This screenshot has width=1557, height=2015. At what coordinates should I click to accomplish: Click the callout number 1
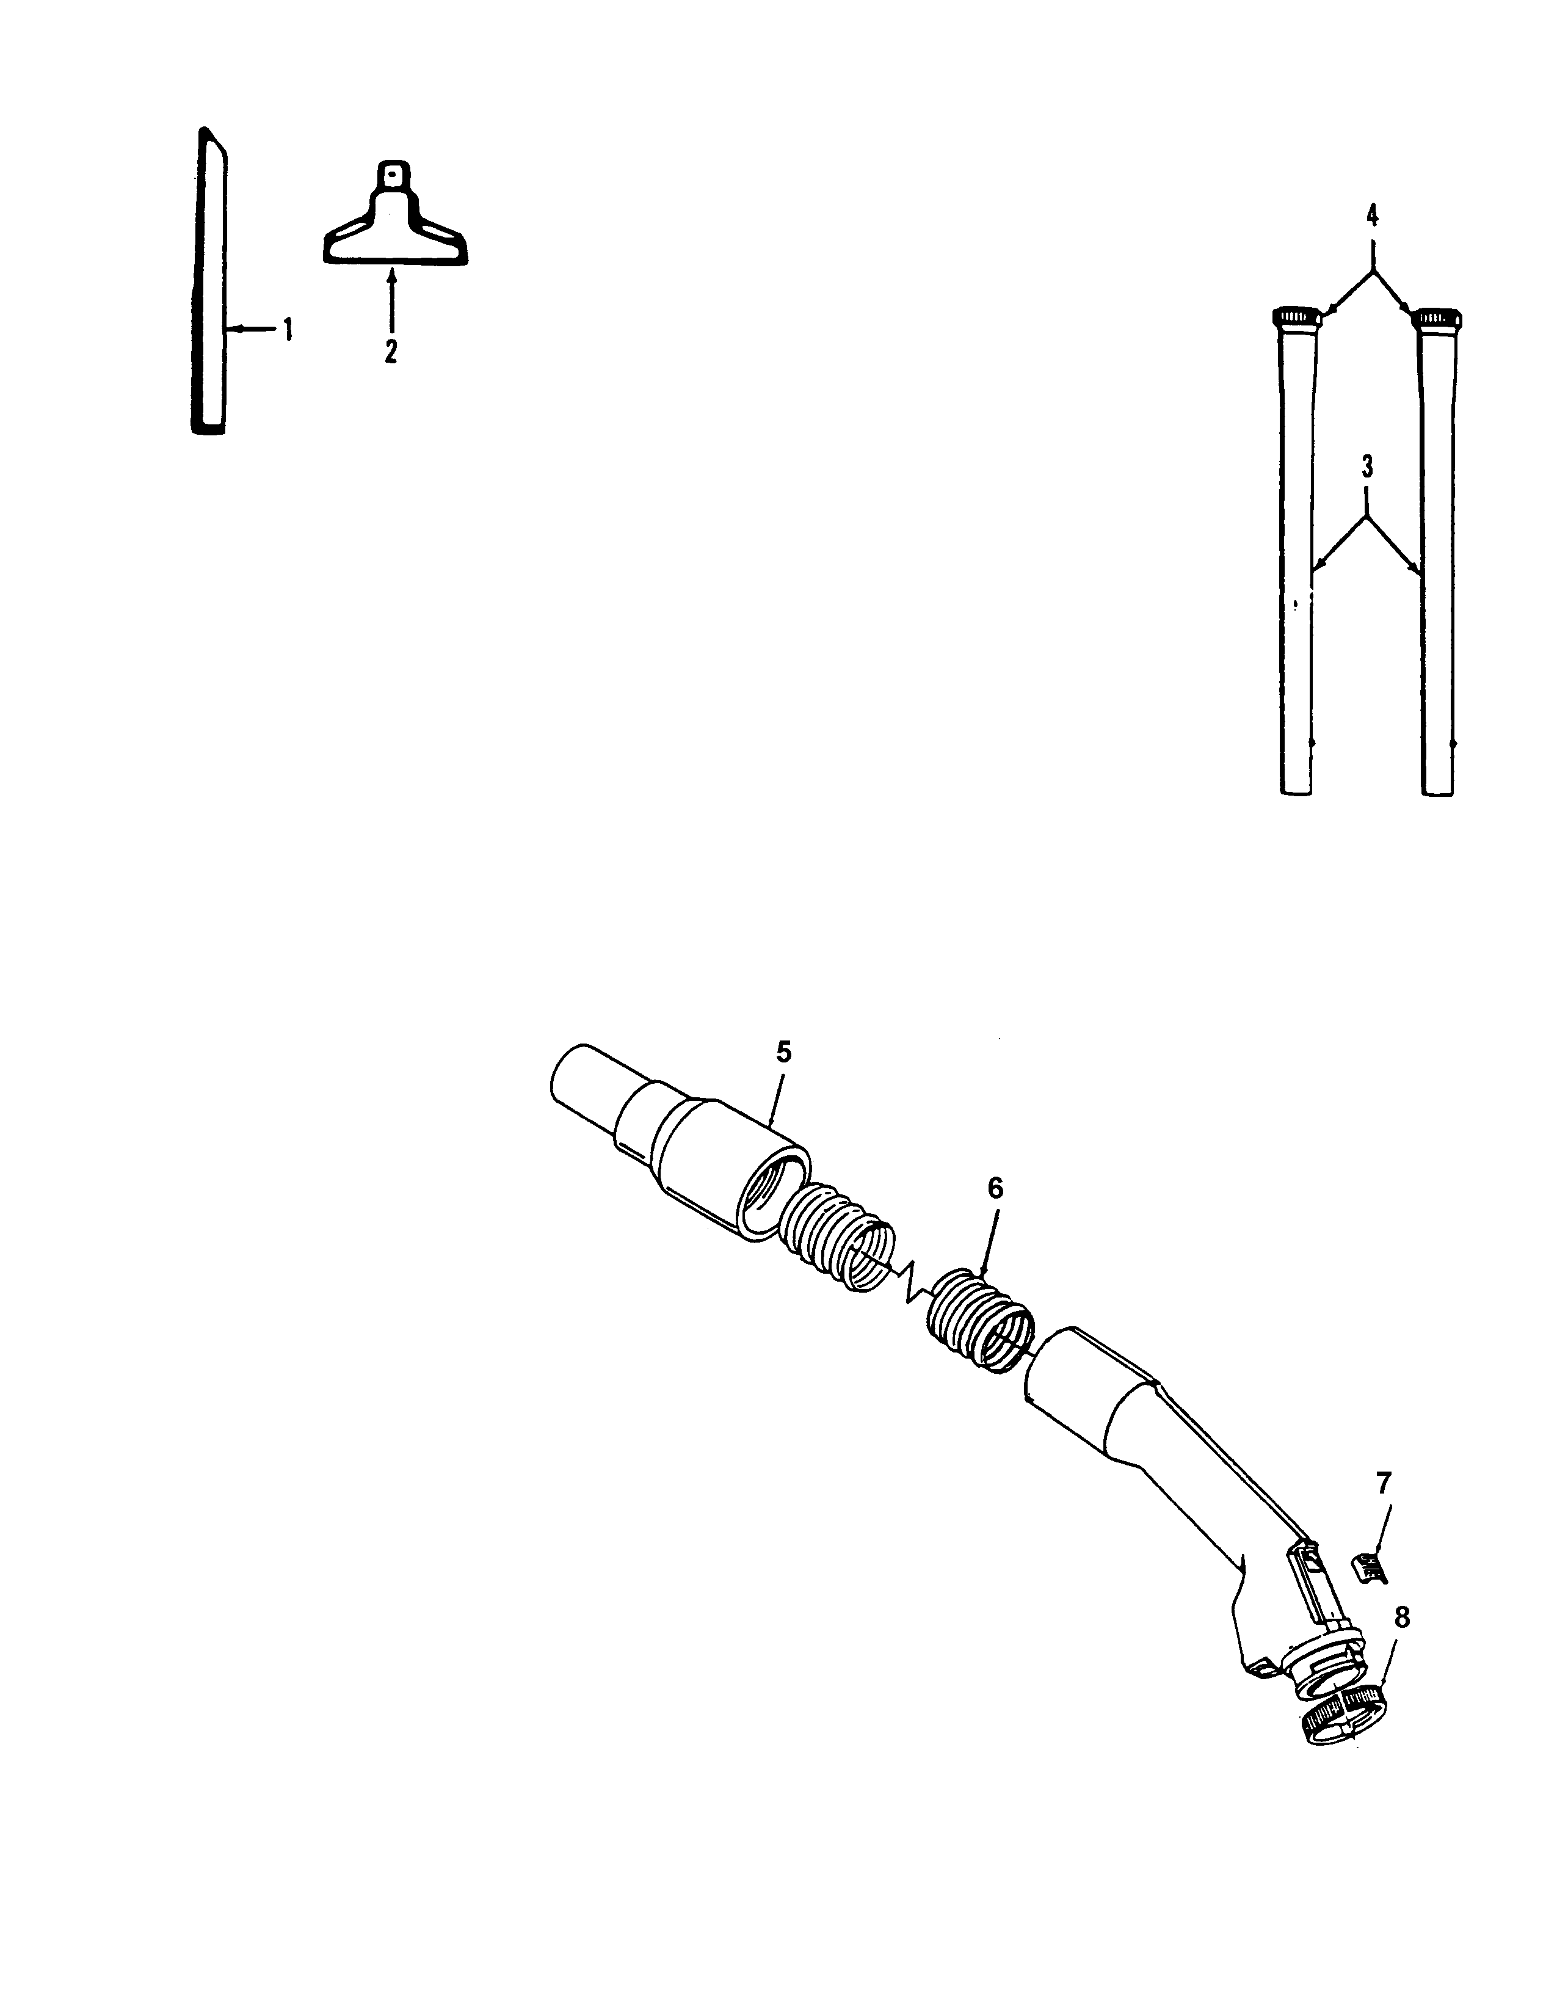288,329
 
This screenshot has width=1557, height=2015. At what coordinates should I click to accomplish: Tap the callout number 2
391,352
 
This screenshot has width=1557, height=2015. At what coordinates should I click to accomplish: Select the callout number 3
1367,467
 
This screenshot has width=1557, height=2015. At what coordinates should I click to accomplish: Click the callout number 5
783,1052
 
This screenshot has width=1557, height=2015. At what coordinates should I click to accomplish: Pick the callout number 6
994,1188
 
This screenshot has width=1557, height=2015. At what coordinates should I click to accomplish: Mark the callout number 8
1401,1617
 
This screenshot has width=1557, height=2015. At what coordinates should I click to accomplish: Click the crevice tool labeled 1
209,296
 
